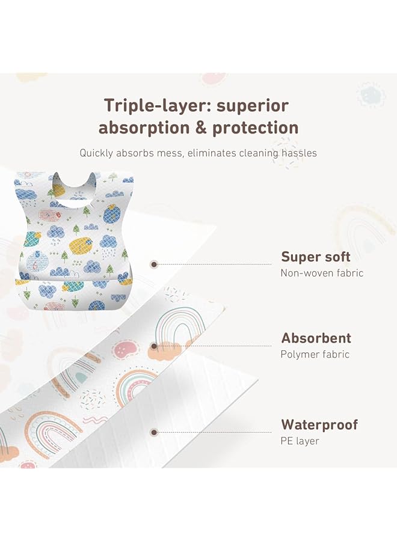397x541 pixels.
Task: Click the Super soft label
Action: pyautogui.click(x=316, y=257)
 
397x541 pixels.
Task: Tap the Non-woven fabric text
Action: pyautogui.click(x=322, y=273)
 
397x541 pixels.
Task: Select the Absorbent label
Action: pyautogui.click(x=316, y=338)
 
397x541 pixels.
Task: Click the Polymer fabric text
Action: pyautogui.click(x=315, y=354)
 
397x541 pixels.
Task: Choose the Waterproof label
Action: pyautogui.click(x=319, y=425)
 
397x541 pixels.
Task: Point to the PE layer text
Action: pyautogui.click(x=300, y=441)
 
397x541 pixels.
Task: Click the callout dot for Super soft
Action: pyautogui.click(x=155, y=263)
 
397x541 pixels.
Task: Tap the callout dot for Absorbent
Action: pyautogui.click(x=155, y=346)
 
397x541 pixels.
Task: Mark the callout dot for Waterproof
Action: pyautogui.click(x=155, y=432)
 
